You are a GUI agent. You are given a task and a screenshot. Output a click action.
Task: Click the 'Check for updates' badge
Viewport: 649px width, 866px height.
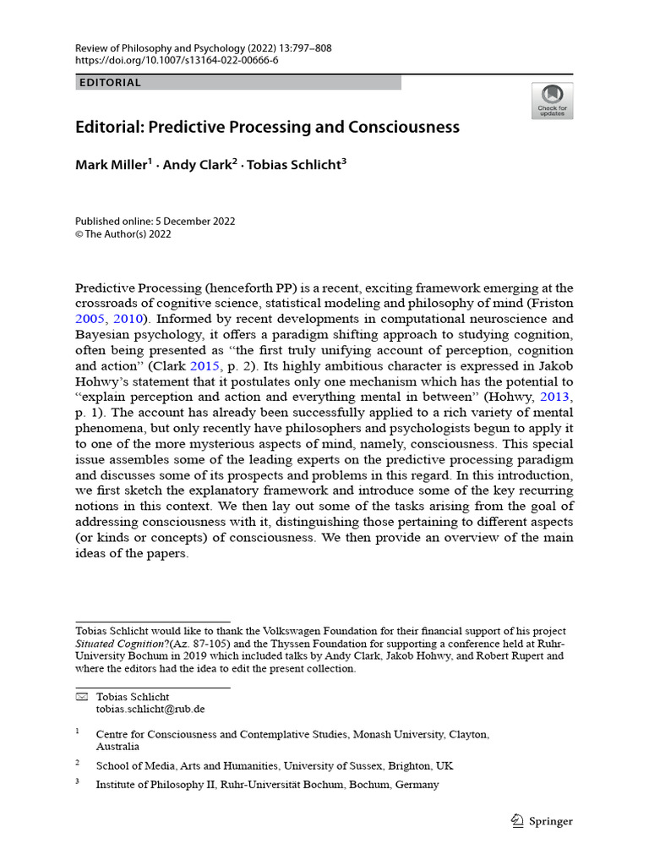552,101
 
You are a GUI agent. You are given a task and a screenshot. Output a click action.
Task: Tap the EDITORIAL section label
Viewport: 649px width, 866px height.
110,83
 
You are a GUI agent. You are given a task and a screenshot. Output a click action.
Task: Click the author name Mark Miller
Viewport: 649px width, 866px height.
112,165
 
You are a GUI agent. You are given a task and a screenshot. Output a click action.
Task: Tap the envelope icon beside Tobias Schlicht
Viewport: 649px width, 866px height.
81,696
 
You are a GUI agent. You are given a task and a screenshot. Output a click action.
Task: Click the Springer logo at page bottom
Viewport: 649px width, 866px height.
543,821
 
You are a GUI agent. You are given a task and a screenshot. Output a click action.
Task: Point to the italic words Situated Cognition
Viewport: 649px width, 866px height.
124,644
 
